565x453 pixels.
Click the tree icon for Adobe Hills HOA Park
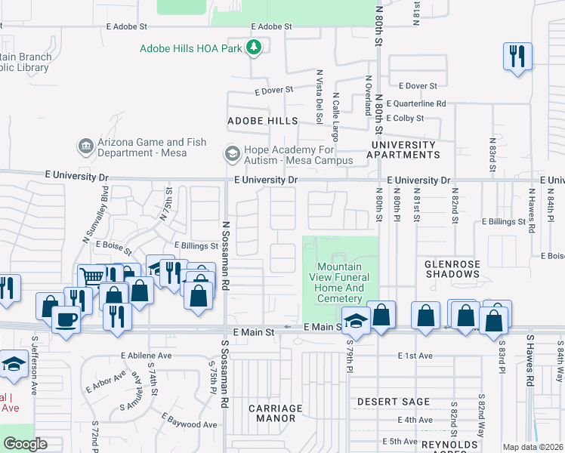coord(255,48)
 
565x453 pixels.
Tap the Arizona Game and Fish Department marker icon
coord(85,144)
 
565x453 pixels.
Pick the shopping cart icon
coord(92,277)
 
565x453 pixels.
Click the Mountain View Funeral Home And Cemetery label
coord(340,283)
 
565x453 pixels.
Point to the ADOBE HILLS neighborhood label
coord(263,121)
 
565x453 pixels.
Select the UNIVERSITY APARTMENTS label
coord(403,149)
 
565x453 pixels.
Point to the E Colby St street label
coord(405,119)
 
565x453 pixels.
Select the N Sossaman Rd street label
coord(225,256)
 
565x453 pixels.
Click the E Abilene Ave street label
coord(146,355)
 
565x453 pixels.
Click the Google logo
coord(25,444)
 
